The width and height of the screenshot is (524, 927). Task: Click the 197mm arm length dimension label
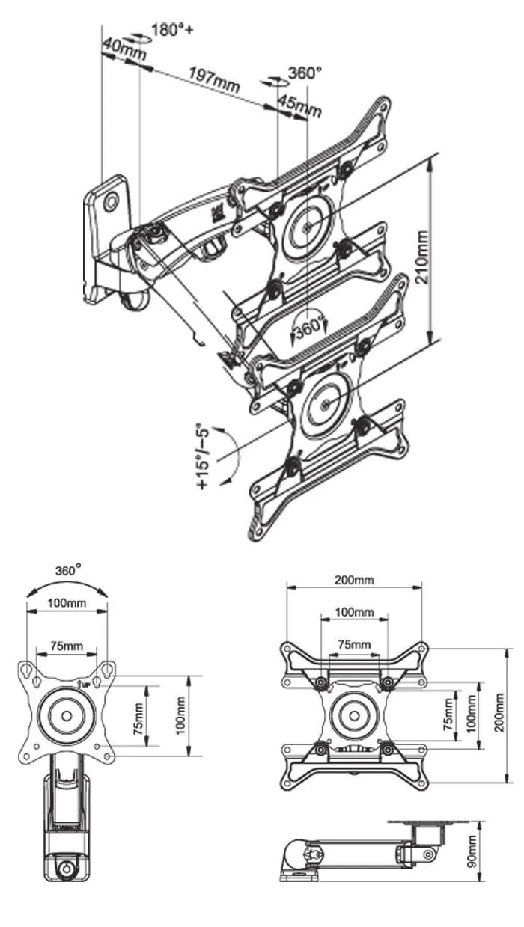(214, 79)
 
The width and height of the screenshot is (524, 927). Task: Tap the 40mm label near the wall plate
(124, 49)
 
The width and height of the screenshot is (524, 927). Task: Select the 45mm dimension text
(299, 106)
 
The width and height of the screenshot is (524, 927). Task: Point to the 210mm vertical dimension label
(421, 257)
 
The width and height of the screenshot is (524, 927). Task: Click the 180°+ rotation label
(172, 30)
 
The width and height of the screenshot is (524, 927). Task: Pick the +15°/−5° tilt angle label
(204, 456)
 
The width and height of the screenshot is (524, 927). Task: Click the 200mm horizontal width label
(354, 580)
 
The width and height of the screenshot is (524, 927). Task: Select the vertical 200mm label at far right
(499, 712)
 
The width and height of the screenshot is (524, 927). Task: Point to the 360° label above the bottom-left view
(68, 570)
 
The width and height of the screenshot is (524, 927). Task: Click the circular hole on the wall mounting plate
(111, 201)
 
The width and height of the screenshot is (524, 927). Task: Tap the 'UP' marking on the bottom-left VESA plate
(85, 684)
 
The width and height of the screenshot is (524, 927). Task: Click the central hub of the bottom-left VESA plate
(67, 715)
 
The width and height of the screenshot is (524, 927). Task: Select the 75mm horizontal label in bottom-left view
(67, 645)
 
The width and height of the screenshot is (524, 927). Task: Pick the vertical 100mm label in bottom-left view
(180, 715)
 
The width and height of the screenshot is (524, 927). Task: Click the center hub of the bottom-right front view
(354, 715)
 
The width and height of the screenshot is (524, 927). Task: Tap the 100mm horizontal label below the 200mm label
(354, 612)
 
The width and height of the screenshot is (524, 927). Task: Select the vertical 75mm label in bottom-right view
(448, 714)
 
